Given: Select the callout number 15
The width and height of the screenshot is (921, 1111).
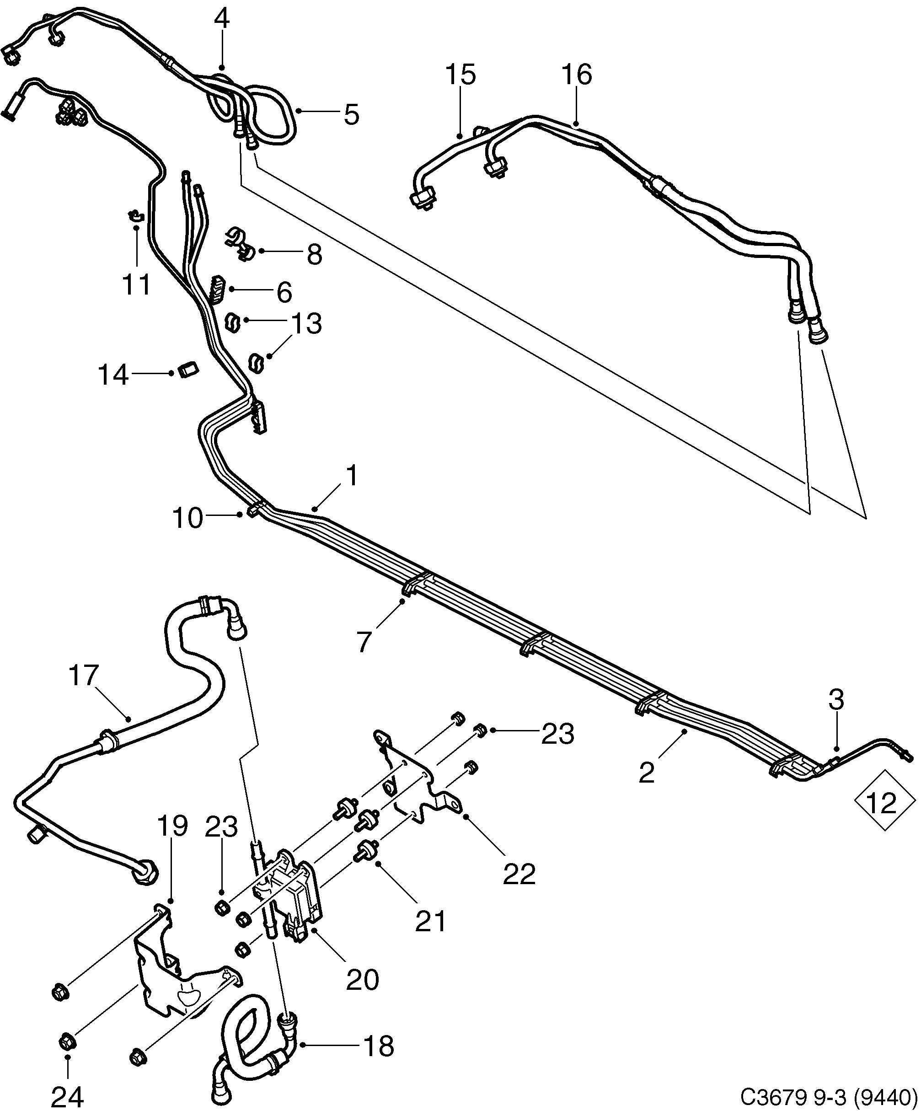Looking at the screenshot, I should pyautogui.click(x=460, y=75).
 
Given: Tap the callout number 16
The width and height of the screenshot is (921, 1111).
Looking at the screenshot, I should pyautogui.click(x=577, y=75).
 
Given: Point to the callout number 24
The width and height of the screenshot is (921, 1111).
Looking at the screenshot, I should pyautogui.click(x=68, y=1096).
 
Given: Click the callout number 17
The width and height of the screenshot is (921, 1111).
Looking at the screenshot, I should pyautogui.click(x=84, y=676).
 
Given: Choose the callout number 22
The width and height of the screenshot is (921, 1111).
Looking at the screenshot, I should pyautogui.click(x=519, y=874).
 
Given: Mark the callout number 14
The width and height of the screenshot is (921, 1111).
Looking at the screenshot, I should pyautogui.click(x=113, y=375).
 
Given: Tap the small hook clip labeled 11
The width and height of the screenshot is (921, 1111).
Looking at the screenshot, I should pyautogui.click(x=136, y=215).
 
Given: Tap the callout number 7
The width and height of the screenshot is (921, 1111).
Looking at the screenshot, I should pyautogui.click(x=364, y=641).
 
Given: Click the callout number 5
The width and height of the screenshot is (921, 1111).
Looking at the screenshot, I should pyautogui.click(x=351, y=114).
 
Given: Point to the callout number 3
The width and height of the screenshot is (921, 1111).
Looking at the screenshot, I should pyautogui.click(x=835, y=700).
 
